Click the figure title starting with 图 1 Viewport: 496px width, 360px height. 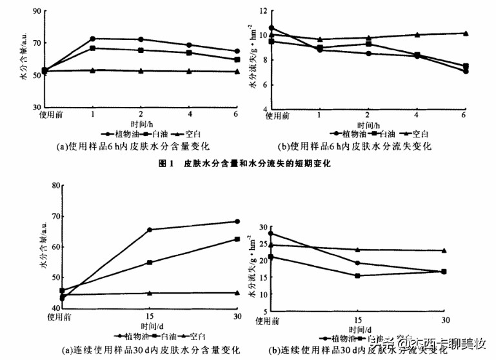pos(244,164)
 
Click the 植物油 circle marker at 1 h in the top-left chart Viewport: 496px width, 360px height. pos(93,39)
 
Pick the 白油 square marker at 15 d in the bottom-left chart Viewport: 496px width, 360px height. pos(150,263)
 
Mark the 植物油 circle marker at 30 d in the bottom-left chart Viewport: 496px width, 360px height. pos(237,221)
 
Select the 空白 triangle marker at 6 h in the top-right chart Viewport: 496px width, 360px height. pos(465,33)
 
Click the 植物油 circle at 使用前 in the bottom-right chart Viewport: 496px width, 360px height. pos(271,234)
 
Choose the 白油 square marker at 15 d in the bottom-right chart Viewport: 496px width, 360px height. pos(357,275)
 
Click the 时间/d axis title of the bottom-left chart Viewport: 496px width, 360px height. pos(150,328)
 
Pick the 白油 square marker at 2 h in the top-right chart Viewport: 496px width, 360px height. pos(368,44)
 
